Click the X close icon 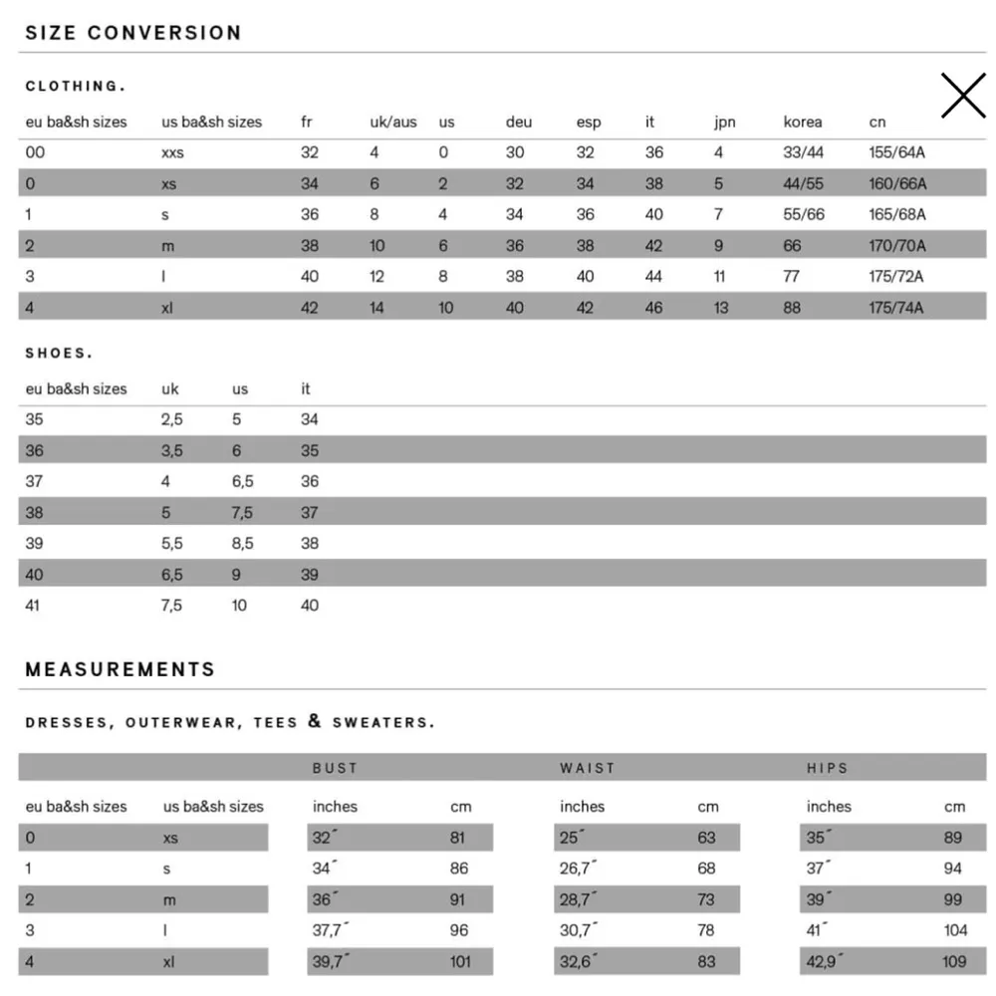point(962,97)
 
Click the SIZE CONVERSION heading point(133,33)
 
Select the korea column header point(802,123)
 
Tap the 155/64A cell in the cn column point(896,153)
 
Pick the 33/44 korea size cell point(803,153)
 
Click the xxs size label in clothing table point(172,153)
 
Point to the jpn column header point(724,123)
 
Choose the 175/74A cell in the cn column point(896,308)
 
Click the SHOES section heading point(59,354)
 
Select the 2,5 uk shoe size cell point(171,420)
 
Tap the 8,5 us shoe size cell point(242,544)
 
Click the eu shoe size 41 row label point(33,606)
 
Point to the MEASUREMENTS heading point(121,669)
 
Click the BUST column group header point(335,768)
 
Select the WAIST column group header point(588,768)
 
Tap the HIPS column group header point(828,768)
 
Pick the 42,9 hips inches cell point(825,962)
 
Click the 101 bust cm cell point(461,962)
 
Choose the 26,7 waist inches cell point(578,869)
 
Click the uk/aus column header point(392,123)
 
